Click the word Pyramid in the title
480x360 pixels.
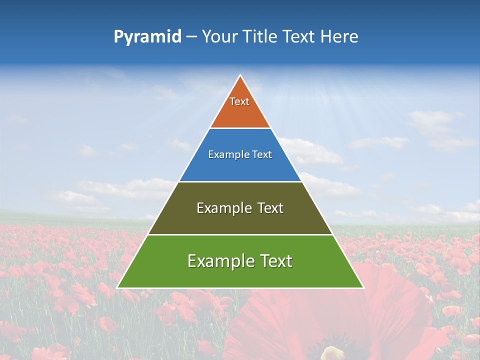click(147, 37)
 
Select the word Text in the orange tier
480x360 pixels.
click(239, 101)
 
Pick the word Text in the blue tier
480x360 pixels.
click(262, 155)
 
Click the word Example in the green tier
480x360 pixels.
click(219, 261)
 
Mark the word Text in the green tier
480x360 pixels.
click(274, 261)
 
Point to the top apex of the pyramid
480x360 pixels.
click(240, 75)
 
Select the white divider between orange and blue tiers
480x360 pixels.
click(240, 128)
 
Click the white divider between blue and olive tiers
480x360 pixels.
click(240, 181)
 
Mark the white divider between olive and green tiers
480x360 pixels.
click(240, 234)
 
